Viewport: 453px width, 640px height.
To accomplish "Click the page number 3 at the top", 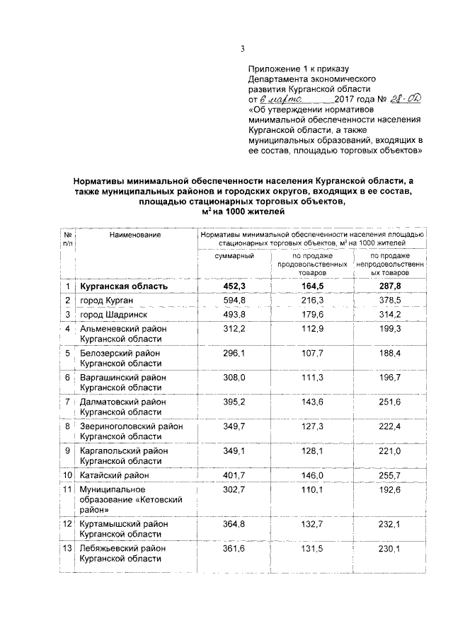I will point(242,48).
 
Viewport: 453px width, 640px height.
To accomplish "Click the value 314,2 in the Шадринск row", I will point(389,315).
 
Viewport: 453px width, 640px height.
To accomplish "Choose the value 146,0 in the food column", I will point(311,474).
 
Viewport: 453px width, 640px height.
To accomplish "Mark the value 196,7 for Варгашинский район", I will point(389,378).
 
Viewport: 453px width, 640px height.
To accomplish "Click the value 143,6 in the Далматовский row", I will point(311,402).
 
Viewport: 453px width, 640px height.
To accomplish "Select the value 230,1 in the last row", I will point(389,548).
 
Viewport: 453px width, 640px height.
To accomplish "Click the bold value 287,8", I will point(389,286).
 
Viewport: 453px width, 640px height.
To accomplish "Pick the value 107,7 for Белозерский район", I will point(311,353).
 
